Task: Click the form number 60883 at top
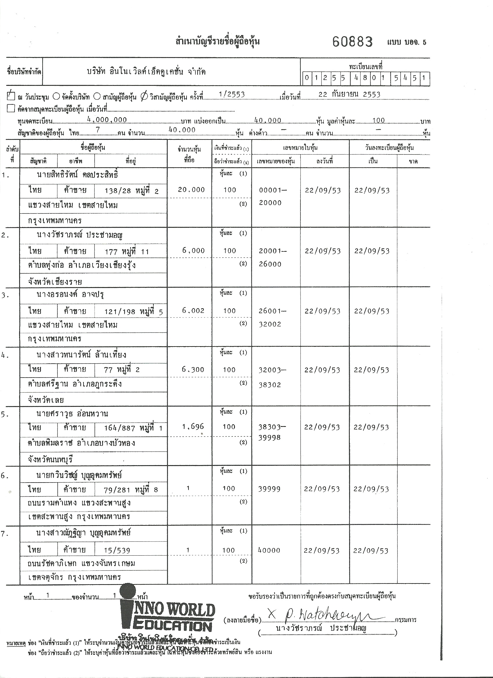click(352, 41)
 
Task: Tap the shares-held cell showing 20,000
click(191, 190)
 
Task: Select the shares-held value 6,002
click(193, 311)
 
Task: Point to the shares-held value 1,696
click(193, 427)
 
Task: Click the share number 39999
click(269, 489)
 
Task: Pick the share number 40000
click(269, 550)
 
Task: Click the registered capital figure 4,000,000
click(107, 119)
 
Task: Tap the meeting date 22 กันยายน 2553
click(349, 95)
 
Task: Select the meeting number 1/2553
click(232, 95)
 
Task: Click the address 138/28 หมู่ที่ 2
click(132, 191)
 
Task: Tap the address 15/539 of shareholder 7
click(117, 550)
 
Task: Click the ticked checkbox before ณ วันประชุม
click(11, 96)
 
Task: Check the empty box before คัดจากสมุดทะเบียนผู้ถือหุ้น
click(11, 108)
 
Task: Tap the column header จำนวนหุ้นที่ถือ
click(190, 154)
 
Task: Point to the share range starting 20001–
click(273, 251)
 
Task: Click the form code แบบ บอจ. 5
click(407, 42)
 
